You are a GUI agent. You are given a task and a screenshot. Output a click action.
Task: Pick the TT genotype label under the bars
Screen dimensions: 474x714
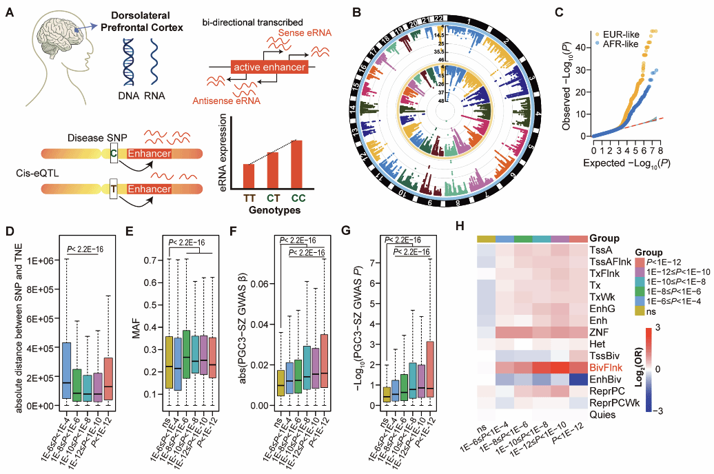(x=249, y=198)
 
